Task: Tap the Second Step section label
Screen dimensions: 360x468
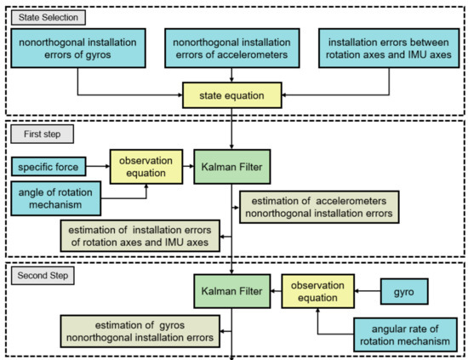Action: click(x=40, y=276)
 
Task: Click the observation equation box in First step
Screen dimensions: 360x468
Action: click(x=146, y=166)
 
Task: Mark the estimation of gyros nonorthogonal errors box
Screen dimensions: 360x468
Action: click(x=139, y=330)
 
